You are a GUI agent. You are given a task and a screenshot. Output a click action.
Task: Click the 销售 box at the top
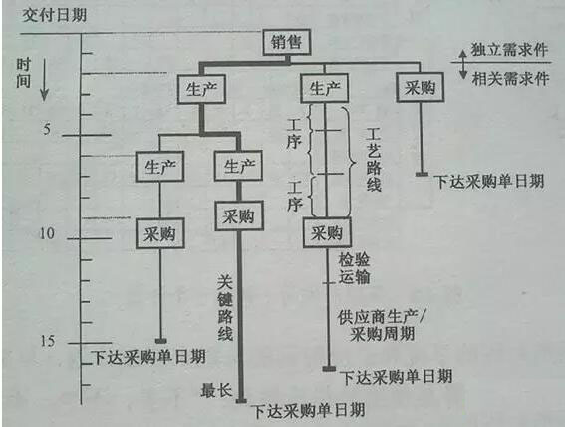tap(287, 42)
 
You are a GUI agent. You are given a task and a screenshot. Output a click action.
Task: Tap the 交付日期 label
tap(55, 15)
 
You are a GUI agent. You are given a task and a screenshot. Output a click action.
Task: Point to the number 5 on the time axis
tap(47, 129)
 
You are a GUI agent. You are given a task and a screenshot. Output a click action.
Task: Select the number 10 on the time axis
tap(47, 233)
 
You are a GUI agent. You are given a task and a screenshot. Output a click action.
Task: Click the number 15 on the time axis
tap(48, 341)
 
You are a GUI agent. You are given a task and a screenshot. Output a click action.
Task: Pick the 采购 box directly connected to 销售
tap(420, 87)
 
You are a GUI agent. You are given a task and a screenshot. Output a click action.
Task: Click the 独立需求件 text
tap(509, 50)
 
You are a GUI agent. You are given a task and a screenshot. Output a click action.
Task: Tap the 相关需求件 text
tap(510, 78)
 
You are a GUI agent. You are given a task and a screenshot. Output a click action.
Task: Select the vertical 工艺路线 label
tap(374, 159)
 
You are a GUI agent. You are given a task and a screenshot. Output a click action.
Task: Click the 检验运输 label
tap(354, 268)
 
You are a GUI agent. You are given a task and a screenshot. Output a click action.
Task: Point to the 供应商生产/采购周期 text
tap(382, 325)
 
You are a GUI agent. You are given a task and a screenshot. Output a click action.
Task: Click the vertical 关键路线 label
tap(225, 307)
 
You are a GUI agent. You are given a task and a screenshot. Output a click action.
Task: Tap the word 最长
tap(216, 390)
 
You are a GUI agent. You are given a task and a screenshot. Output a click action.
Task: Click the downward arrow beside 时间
tap(44, 80)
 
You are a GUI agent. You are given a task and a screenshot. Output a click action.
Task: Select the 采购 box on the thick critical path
tap(239, 216)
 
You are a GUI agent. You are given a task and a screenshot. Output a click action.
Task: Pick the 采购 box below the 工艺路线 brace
tap(327, 232)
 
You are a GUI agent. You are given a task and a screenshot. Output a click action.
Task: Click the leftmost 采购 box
tap(160, 234)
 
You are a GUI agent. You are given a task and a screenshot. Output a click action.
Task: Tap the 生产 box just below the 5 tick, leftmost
tap(159, 167)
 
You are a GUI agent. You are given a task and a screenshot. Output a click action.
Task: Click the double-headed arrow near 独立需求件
tap(464, 64)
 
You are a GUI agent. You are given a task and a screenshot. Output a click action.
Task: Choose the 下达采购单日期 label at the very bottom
tap(309, 410)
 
